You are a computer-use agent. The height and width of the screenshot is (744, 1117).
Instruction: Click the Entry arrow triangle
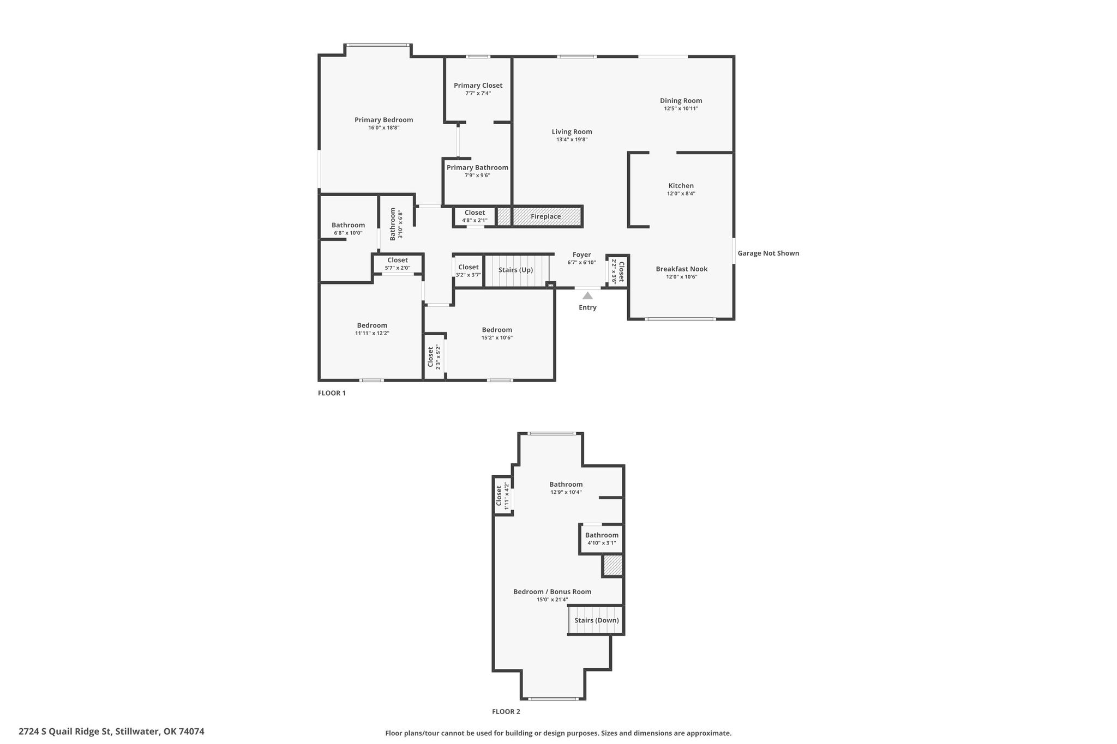pyautogui.click(x=587, y=295)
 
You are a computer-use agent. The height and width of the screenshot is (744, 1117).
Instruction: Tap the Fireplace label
pyautogui.click(x=546, y=216)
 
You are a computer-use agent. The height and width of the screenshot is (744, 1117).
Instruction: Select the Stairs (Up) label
pyautogui.click(x=515, y=270)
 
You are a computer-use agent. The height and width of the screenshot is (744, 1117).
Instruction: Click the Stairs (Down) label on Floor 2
pyautogui.click(x=597, y=620)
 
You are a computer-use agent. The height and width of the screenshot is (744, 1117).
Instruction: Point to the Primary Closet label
pyautogui.click(x=478, y=85)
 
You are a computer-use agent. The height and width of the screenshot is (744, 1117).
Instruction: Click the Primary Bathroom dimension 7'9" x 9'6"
pyautogui.click(x=478, y=176)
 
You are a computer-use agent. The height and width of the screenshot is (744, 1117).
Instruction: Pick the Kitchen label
pyautogui.click(x=681, y=185)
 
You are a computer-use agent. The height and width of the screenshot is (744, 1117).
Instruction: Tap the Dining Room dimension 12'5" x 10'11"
pyautogui.click(x=681, y=108)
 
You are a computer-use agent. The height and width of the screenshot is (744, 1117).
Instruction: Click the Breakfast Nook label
pyautogui.click(x=682, y=269)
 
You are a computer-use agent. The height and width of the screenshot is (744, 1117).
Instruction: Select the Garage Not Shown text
pyautogui.click(x=768, y=253)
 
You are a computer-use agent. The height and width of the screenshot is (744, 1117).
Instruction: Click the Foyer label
pyautogui.click(x=582, y=255)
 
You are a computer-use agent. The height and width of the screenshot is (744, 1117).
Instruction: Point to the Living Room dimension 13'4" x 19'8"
pyautogui.click(x=572, y=140)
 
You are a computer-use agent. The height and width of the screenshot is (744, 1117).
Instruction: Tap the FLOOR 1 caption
pyautogui.click(x=332, y=393)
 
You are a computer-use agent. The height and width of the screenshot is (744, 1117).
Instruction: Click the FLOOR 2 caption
pyautogui.click(x=506, y=711)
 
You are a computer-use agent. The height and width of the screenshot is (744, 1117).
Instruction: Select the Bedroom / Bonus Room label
pyautogui.click(x=553, y=591)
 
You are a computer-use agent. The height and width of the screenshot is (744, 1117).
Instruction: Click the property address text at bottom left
pyautogui.click(x=111, y=731)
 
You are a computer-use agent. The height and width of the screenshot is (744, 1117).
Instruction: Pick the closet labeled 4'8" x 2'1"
pyautogui.click(x=475, y=216)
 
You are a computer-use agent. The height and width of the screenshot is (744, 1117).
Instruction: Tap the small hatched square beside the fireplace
pyautogui.click(x=504, y=216)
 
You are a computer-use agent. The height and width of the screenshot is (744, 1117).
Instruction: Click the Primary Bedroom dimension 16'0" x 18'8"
pyautogui.click(x=384, y=128)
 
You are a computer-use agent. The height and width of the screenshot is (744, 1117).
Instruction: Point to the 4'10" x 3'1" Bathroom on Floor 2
pyautogui.click(x=602, y=539)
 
